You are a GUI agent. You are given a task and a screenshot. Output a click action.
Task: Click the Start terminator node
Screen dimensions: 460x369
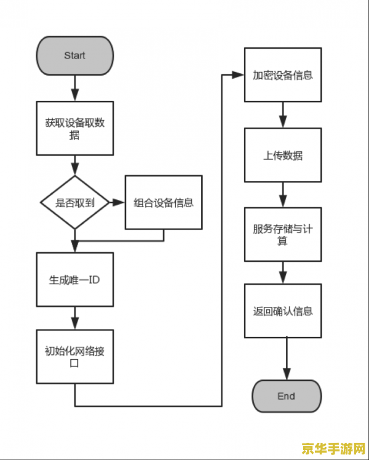point(75,55)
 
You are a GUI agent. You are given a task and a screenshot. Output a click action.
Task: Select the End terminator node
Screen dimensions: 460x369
point(286,396)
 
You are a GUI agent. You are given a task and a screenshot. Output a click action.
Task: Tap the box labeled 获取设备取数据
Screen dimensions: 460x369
point(75,129)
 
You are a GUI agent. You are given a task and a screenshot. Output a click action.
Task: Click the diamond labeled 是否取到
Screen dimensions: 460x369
point(75,202)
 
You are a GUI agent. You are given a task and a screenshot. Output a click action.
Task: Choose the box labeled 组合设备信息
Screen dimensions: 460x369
point(164,202)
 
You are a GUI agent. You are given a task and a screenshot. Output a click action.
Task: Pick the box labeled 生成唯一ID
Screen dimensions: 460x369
point(75,279)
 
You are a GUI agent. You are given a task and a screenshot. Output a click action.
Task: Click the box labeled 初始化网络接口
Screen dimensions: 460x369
point(75,357)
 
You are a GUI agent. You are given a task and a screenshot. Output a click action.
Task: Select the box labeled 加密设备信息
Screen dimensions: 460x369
point(283,75)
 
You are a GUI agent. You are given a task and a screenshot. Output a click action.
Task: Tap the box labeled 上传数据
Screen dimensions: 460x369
point(283,155)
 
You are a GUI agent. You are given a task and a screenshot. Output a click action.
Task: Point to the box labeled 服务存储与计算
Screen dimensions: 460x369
point(283,234)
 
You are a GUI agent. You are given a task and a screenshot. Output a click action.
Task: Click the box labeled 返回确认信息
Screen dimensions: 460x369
point(283,311)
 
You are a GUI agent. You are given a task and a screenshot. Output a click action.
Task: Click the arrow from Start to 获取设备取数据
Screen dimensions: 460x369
point(75,87)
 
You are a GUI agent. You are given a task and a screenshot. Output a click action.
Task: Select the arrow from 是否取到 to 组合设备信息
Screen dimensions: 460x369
point(117,202)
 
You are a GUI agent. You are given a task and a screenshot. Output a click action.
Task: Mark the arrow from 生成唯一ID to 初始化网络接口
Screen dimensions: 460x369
point(75,318)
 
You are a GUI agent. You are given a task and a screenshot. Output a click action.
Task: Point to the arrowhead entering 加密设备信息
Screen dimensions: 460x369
point(240,75)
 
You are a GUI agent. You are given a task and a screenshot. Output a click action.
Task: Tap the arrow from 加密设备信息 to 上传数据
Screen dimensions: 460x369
point(283,114)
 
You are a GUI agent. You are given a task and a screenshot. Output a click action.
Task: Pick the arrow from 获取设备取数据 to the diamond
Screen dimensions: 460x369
point(75,165)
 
